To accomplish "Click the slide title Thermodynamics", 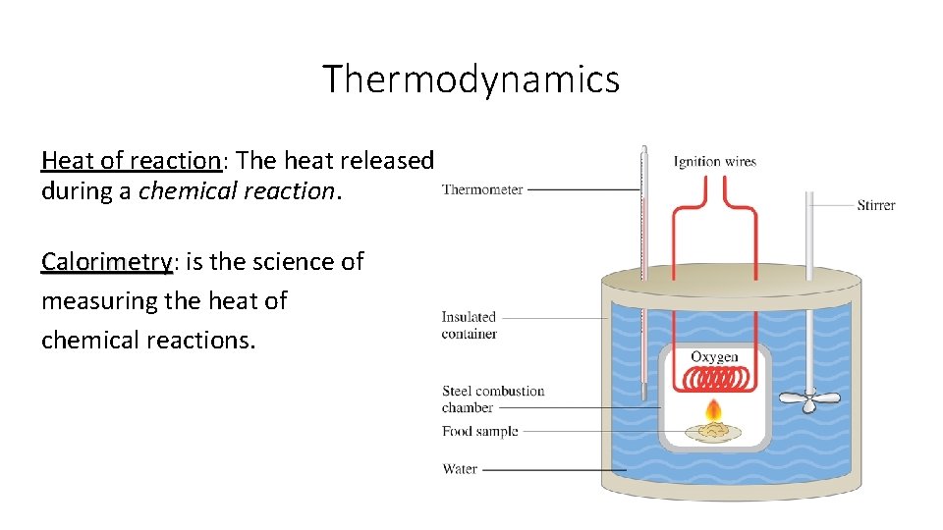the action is pyautogui.click(x=471, y=79).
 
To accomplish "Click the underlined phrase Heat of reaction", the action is pyautogui.click(x=132, y=160).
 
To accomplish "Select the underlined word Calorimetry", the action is pyautogui.click(x=106, y=262).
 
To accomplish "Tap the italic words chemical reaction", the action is pyautogui.click(x=237, y=191).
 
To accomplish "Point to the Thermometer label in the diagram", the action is pyautogui.click(x=482, y=189).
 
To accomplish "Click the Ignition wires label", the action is pyautogui.click(x=714, y=161).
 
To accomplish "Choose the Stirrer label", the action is pyautogui.click(x=875, y=205).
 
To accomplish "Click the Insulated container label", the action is pyautogui.click(x=470, y=325).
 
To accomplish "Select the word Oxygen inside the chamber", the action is pyautogui.click(x=714, y=357).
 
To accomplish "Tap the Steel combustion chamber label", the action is pyautogui.click(x=492, y=398).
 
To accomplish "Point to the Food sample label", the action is pyautogui.click(x=479, y=431).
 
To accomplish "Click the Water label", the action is pyautogui.click(x=460, y=469).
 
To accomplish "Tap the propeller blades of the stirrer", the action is pyautogui.click(x=808, y=400).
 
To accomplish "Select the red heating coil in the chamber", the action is pyautogui.click(x=714, y=378).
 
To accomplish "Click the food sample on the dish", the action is pyautogui.click(x=713, y=428).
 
